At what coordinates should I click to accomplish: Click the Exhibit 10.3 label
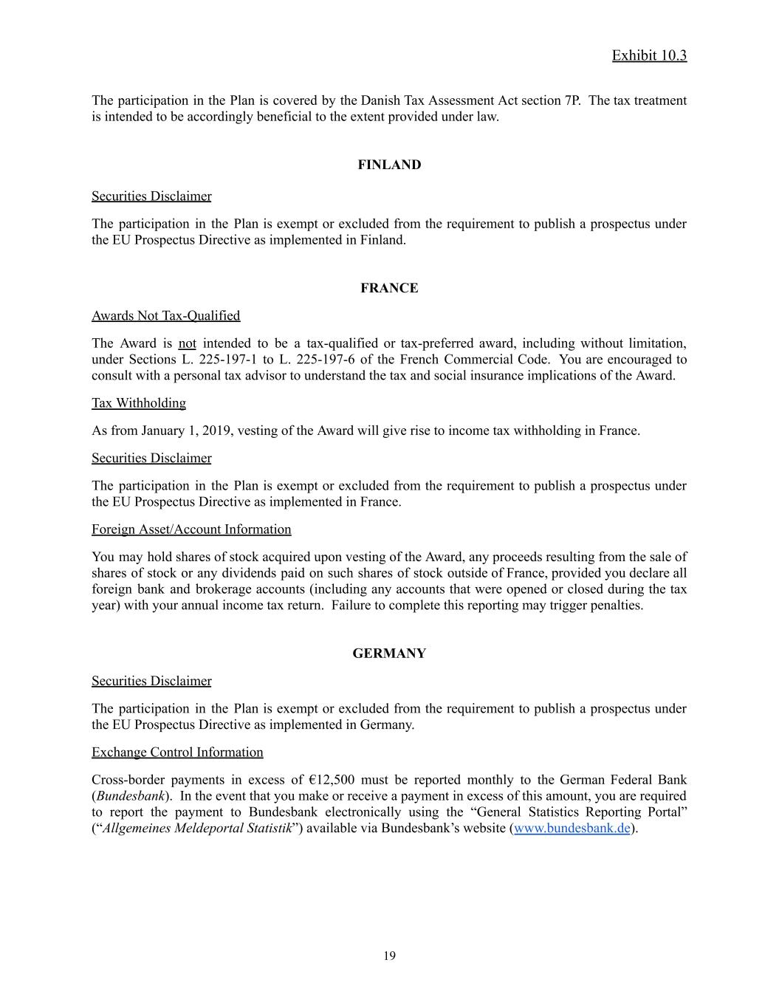[x=649, y=55]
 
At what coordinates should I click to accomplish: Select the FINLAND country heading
[x=389, y=165]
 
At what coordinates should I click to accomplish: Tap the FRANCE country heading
[x=389, y=288]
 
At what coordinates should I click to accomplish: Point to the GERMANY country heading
[x=389, y=654]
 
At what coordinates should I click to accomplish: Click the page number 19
[x=389, y=956]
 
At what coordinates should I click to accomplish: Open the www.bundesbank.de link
[x=572, y=828]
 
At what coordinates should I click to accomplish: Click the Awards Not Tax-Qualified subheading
[x=165, y=315]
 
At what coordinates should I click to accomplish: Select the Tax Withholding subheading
[x=139, y=402]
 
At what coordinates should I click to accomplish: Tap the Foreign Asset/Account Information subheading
[x=191, y=529]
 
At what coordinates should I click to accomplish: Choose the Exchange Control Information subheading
[x=177, y=752]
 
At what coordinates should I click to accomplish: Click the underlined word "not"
[x=187, y=343]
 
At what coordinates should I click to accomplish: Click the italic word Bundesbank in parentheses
[x=130, y=796]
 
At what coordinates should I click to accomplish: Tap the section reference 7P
[x=572, y=100]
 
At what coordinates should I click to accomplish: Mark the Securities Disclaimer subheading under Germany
[x=151, y=681]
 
